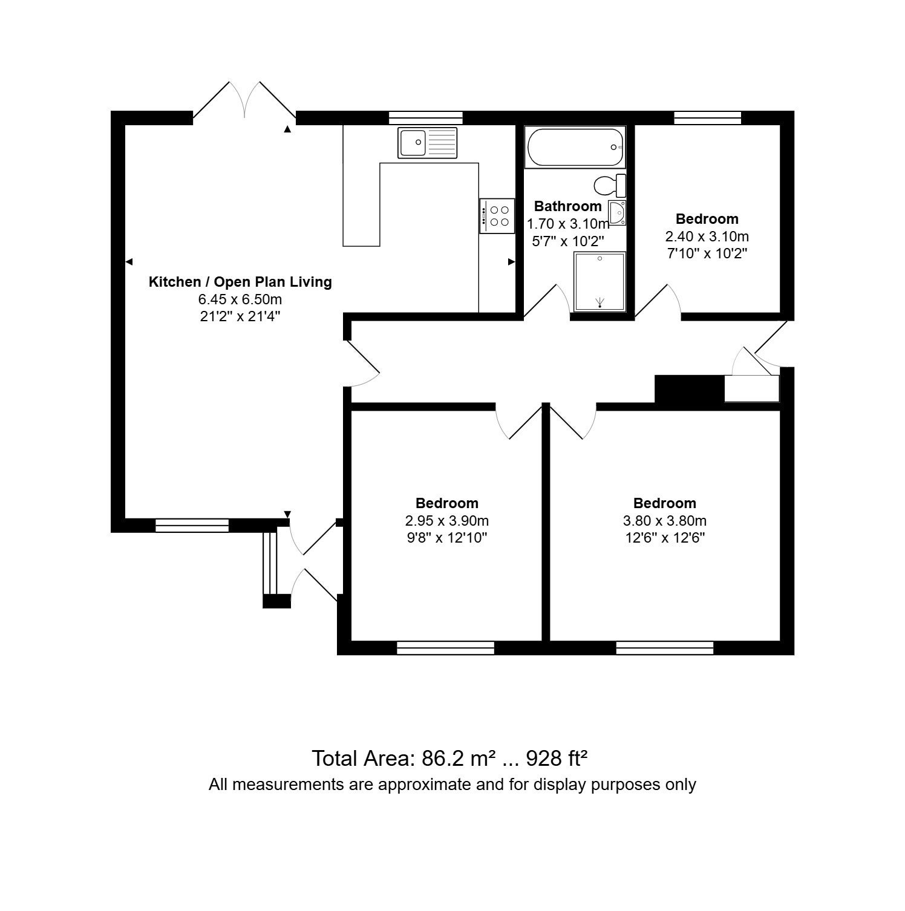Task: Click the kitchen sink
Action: point(427,143)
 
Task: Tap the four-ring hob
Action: point(497,215)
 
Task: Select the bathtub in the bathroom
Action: point(575,147)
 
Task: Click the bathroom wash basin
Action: point(617,213)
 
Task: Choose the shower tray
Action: point(600,282)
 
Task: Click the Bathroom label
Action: point(567,206)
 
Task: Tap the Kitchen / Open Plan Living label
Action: point(240,282)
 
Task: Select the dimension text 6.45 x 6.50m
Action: point(240,299)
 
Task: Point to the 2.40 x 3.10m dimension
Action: point(707,236)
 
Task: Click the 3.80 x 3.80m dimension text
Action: point(665,520)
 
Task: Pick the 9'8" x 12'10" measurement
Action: point(447,538)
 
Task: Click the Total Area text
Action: point(450,757)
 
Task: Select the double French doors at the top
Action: point(244,100)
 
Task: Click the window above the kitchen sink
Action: point(425,118)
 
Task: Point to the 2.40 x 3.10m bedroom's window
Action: point(708,118)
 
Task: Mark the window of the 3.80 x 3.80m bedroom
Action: point(665,648)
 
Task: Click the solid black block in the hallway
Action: point(690,389)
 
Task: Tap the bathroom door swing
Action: point(547,300)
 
